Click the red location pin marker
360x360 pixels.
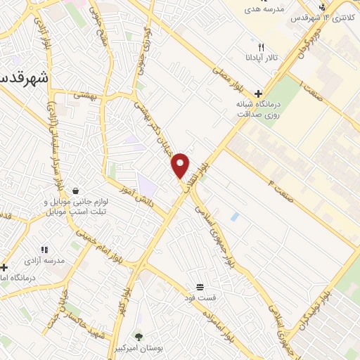[181, 165]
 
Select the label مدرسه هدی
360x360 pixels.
[263, 10]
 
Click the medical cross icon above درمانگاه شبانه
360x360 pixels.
[259, 94]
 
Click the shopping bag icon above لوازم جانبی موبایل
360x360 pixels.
[75, 191]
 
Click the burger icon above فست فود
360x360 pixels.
[200, 287]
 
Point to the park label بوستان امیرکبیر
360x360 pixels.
[139, 349]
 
